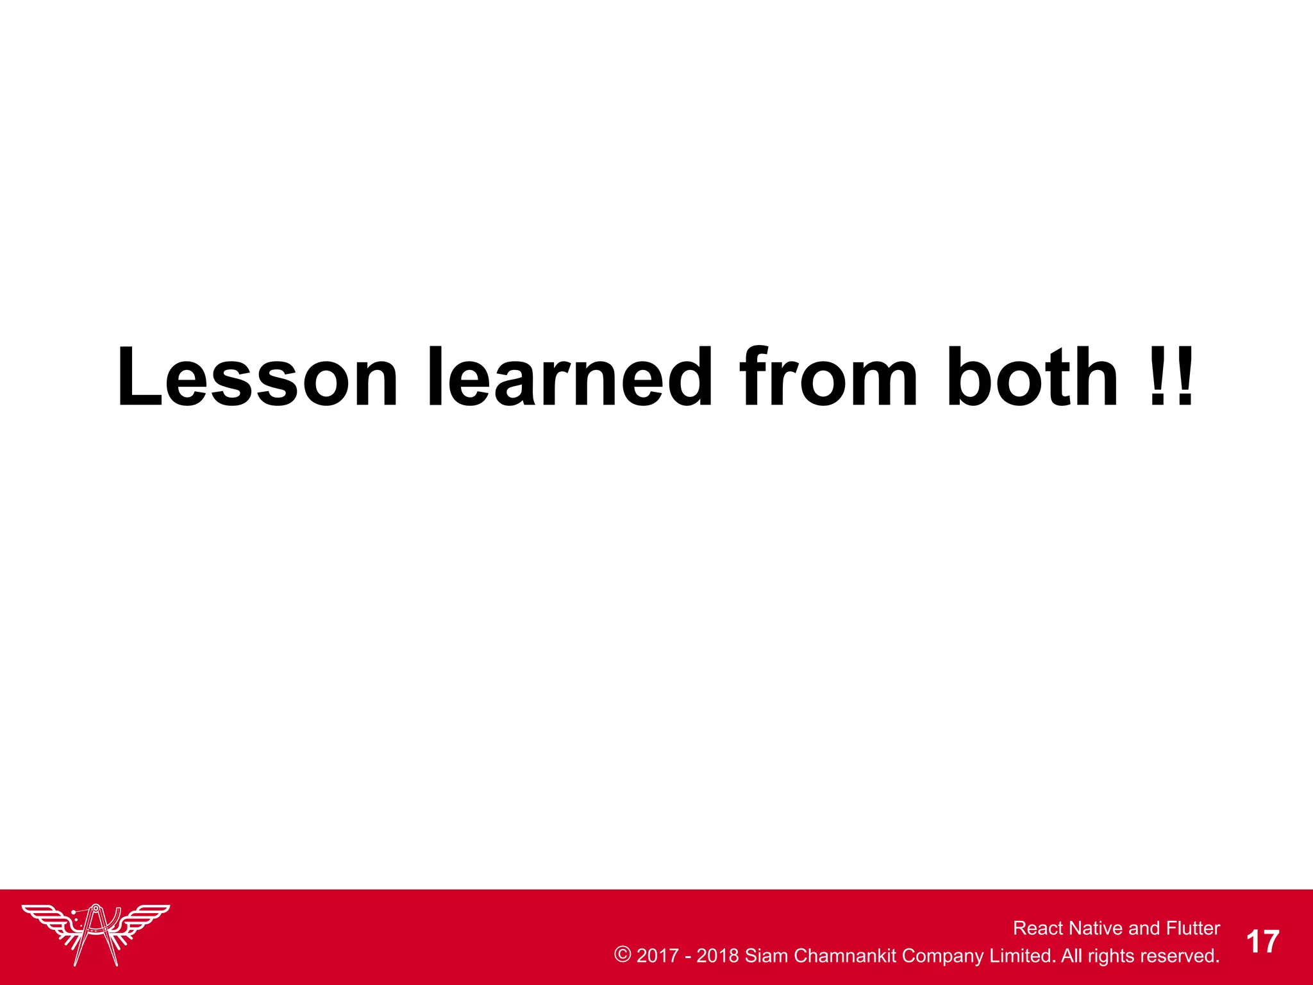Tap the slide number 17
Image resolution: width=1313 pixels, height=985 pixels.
click(1262, 942)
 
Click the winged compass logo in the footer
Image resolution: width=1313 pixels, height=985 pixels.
click(96, 933)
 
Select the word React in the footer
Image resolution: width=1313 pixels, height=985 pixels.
click(1039, 928)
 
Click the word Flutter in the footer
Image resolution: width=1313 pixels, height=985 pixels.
click(1192, 928)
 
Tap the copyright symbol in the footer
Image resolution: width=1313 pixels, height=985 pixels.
click(623, 954)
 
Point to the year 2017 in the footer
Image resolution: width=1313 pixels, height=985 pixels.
click(657, 956)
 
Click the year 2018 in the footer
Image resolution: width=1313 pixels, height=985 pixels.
click(717, 956)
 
